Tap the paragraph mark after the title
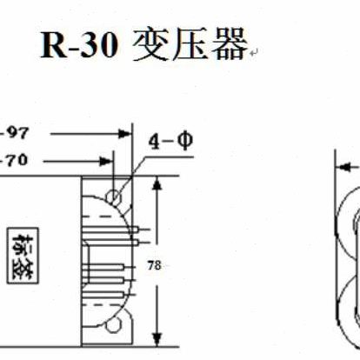click(x=253, y=54)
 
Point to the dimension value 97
click(x=17, y=133)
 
